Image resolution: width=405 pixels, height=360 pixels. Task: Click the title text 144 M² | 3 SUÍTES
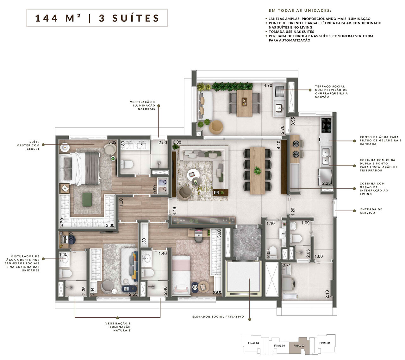pos(97,18)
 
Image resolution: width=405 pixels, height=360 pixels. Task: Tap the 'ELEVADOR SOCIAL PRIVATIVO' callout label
pos(218,316)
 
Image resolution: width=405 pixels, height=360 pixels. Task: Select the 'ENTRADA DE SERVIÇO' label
pos(371,211)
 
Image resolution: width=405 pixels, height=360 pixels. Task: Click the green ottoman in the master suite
pos(87,200)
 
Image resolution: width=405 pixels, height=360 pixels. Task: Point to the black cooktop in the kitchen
pos(326,125)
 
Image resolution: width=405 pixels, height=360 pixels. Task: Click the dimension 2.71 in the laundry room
pos(287,266)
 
